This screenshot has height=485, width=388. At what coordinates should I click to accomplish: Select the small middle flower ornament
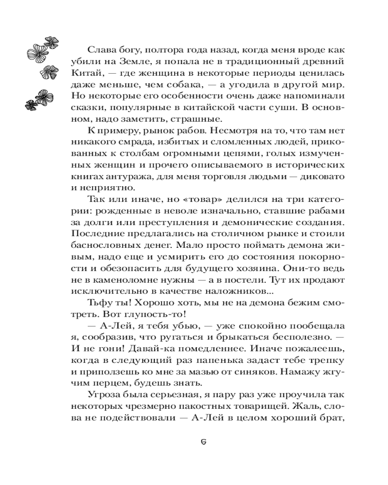(48, 72)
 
